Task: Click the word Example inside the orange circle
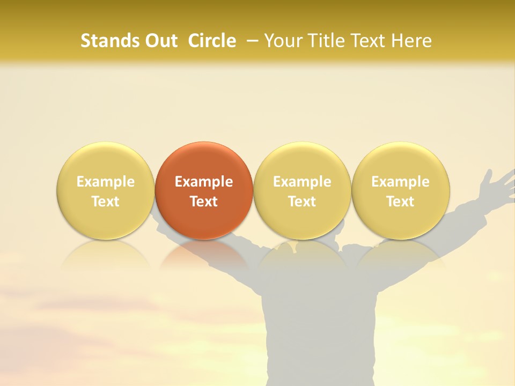click(204, 182)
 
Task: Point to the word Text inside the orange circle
click(204, 202)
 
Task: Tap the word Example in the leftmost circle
click(106, 182)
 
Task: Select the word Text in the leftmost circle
click(106, 202)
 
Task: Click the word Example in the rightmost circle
click(401, 182)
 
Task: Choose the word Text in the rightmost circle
click(401, 202)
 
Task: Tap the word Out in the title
click(159, 41)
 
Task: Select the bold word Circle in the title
click(212, 41)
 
